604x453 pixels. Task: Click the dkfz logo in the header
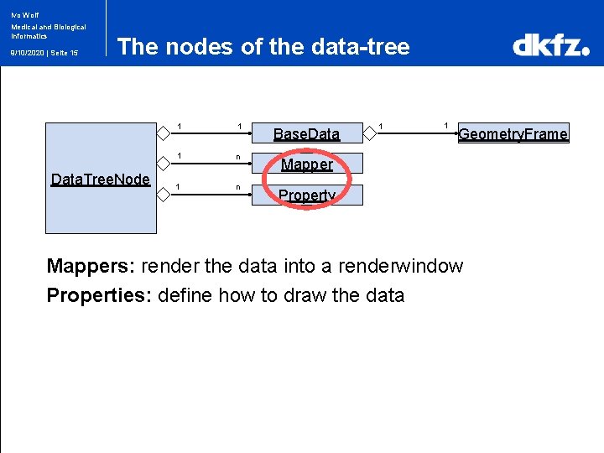[550, 44]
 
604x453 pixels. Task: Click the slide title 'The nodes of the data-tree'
[263, 46]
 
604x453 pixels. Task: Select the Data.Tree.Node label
[101, 179]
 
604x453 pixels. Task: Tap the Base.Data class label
[306, 133]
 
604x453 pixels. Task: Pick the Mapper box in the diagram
[307, 164]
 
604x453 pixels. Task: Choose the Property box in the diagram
[307, 195]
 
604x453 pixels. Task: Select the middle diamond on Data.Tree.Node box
[164, 162]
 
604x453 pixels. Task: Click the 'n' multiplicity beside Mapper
[238, 157]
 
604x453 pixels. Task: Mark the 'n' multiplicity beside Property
[238, 187]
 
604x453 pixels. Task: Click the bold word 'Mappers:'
[91, 266]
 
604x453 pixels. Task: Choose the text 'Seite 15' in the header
[63, 53]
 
